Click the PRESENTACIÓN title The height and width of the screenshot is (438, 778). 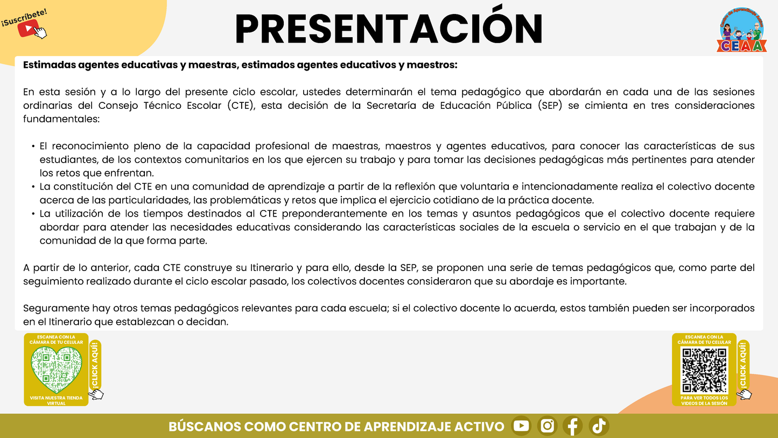pyautogui.click(x=388, y=27)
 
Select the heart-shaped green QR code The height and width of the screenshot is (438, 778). pyautogui.click(x=56, y=369)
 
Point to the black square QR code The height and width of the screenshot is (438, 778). pyautogui.click(x=704, y=370)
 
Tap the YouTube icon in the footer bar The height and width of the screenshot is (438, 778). pyautogui.click(x=521, y=426)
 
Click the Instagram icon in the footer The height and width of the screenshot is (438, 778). pyautogui.click(x=547, y=426)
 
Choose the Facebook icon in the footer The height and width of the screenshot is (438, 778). pyautogui.click(x=573, y=426)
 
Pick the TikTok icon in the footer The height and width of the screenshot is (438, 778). pyautogui.click(x=599, y=426)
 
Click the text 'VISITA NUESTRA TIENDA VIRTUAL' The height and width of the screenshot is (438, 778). pyautogui.click(x=56, y=400)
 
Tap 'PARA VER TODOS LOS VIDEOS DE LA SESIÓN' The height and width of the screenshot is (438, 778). pyautogui.click(x=704, y=400)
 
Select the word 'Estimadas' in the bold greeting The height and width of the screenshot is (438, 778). pyautogui.click(x=49, y=65)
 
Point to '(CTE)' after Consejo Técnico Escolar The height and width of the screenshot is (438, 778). pyautogui.click(x=243, y=106)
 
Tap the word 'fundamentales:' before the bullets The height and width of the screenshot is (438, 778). pyautogui.click(x=61, y=119)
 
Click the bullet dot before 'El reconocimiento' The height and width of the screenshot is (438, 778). pyautogui.click(x=33, y=147)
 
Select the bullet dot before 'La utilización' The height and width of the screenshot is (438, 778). pyautogui.click(x=33, y=214)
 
